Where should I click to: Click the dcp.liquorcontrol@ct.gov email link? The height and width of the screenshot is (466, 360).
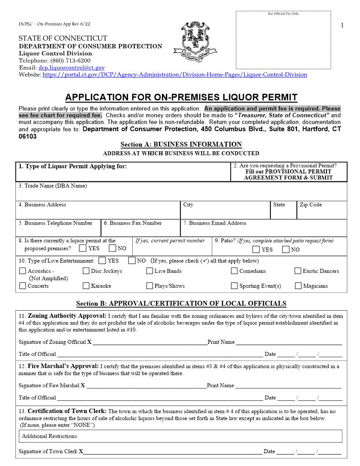click(71, 68)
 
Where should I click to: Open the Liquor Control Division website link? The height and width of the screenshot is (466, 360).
click(175, 75)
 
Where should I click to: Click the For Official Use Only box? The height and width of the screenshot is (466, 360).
click(283, 40)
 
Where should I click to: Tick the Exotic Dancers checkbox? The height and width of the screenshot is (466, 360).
click(298, 271)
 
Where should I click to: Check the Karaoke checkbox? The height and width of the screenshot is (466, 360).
click(86, 286)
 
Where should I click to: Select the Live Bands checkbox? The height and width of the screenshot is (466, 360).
click(150, 271)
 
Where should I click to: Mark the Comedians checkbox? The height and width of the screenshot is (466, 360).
click(234, 271)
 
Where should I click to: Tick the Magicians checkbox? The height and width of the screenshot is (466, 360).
click(298, 286)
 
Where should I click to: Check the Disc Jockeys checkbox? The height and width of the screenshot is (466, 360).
click(86, 271)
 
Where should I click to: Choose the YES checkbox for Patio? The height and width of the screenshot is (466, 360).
click(256, 250)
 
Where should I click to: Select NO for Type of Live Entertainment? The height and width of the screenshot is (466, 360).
click(132, 261)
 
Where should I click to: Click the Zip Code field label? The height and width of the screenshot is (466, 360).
click(311, 205)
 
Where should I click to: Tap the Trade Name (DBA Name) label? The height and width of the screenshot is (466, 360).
click(53, 186)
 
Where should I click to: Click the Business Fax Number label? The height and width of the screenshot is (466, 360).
click(132, 223)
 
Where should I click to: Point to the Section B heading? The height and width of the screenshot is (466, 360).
click(181, 304)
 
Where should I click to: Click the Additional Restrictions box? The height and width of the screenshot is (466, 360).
click(181, 436)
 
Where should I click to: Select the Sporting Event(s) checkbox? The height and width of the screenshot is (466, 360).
click(234, 286)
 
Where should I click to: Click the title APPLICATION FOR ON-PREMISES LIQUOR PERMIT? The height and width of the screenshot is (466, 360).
click(181, 98)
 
